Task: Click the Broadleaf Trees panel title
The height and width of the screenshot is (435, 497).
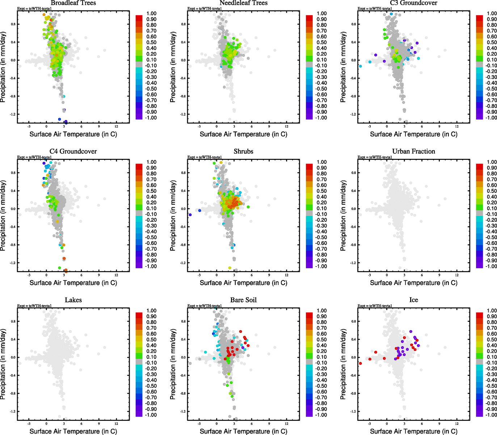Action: coord(73,3)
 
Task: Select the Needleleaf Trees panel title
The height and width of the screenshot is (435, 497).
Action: coord(243,3)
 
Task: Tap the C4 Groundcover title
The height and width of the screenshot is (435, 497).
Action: coord(73,152)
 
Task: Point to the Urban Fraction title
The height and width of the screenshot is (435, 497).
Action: coord(413,152)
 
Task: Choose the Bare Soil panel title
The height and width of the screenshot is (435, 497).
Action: coord(243,300)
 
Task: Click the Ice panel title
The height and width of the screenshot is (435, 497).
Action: coord(413,300)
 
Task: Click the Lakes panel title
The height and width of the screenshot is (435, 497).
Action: coord(73,300)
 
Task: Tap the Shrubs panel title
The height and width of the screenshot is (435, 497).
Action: coord(243,152)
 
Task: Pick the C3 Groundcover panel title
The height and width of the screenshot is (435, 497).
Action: coord(413,3)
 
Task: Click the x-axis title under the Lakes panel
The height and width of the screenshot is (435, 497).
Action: coord(73,431)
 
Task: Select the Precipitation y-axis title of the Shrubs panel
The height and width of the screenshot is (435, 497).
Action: coord(173,216)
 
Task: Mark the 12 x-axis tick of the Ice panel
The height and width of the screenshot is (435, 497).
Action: coord(457,423)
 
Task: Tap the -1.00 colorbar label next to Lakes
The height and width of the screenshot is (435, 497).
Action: coord(151,415)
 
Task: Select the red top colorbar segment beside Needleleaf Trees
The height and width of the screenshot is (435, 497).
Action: coord(309,18)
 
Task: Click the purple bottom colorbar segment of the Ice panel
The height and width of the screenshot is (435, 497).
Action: coord(479,413)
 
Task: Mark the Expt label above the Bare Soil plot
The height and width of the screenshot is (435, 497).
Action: coord(205,306)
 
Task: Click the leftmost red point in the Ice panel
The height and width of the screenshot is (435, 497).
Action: coord(360,363)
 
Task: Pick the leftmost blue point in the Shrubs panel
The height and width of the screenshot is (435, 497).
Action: coord(190,215)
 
